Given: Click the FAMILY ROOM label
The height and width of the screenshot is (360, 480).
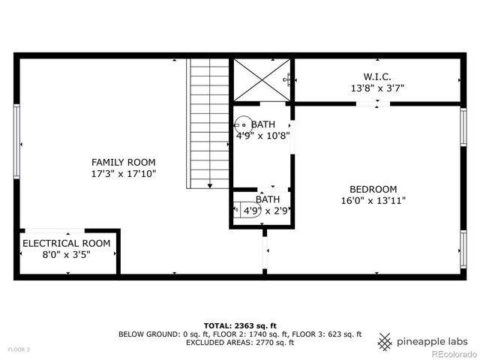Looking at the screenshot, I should pyautogui.click(x=123, y=162).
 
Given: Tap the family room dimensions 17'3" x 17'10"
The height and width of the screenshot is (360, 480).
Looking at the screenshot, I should pyautogui.click(x=123, y=174).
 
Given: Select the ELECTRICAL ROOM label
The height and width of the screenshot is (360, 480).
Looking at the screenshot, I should pyautogui.click(x=66, y=244).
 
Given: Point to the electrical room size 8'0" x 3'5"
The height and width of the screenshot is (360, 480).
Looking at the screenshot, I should pyautogui.click(x=66, y=255).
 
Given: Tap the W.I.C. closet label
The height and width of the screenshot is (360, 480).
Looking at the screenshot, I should pyautogui.click(x=377, y=76).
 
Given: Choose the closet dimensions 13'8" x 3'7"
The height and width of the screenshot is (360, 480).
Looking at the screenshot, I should pyautogui.click(x=377, y=88).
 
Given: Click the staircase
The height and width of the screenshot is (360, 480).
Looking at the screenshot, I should pyautogui.click(x=209, y=124).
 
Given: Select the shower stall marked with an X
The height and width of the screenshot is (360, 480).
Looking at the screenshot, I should pyautogui.click(x=261, y=78).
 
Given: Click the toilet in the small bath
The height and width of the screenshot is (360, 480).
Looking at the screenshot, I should pyautogui.click(x=238, y=209).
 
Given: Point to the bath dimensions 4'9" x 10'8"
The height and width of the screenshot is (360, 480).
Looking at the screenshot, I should pyautogui.click(x=262, y=136).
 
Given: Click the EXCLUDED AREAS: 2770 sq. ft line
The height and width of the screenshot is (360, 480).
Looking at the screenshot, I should pyautogui.click(x=239, y=343).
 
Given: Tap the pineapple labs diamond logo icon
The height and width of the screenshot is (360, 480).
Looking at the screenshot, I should pyautogui.click(x=385, y=341).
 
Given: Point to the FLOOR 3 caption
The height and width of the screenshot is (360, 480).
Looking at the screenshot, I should pyautogui.click(x=19, y=349).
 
